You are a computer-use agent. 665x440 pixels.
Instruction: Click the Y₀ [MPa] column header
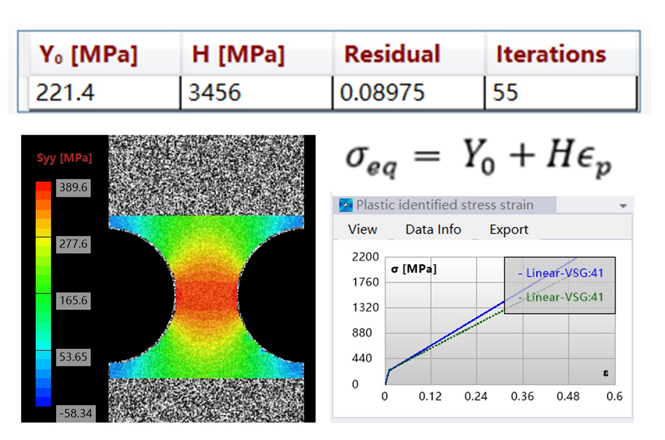coord(88,55)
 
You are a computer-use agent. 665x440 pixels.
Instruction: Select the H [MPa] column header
coord(238,54)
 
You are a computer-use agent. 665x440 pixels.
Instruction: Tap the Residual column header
coord(392,54)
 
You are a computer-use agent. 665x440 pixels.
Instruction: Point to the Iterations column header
coord(551,54)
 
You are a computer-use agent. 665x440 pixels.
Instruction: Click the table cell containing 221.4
coord(104,93)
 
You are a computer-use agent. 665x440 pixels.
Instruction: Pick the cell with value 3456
coord(257,93)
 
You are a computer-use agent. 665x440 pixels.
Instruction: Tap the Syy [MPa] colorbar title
coord(64,158)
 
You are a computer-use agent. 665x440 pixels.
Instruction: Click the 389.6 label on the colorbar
coord(73,188)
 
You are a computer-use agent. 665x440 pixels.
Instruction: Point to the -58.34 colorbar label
coord(76,413)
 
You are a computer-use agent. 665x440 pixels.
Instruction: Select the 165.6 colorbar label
coord(73,300)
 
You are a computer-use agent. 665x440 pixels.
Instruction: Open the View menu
coord(362,229)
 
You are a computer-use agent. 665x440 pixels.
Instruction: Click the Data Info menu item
coord(433,229)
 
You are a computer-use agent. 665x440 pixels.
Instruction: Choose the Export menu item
coord(509,229)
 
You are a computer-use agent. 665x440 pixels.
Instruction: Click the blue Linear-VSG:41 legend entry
coord(561,273)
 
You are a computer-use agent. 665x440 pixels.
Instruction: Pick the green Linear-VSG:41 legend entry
coord(561,297)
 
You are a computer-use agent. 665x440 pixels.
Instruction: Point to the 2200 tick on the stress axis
coord(365,257)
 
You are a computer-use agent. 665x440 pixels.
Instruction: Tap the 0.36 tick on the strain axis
coord(522,396)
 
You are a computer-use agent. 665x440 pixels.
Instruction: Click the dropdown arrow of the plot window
coord(623,206)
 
